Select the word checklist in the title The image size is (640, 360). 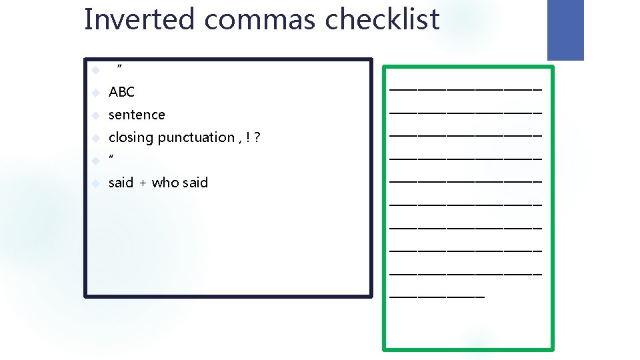[383, 19]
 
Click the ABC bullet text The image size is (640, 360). [121, 92]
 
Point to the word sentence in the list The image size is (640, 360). [137, 115]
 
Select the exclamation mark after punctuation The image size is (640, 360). [248, 137]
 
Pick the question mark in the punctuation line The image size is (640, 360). [257, 137]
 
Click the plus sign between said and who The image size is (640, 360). [143, 183]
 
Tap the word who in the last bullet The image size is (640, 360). [164, 183]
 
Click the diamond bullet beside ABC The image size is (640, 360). [96, 93]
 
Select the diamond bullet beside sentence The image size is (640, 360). [96, 115]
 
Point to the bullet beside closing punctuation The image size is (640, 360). [96, 138]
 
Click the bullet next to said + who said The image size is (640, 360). [96, 183]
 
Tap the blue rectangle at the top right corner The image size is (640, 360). [565, 29]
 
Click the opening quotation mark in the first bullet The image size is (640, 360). [119, 67]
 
